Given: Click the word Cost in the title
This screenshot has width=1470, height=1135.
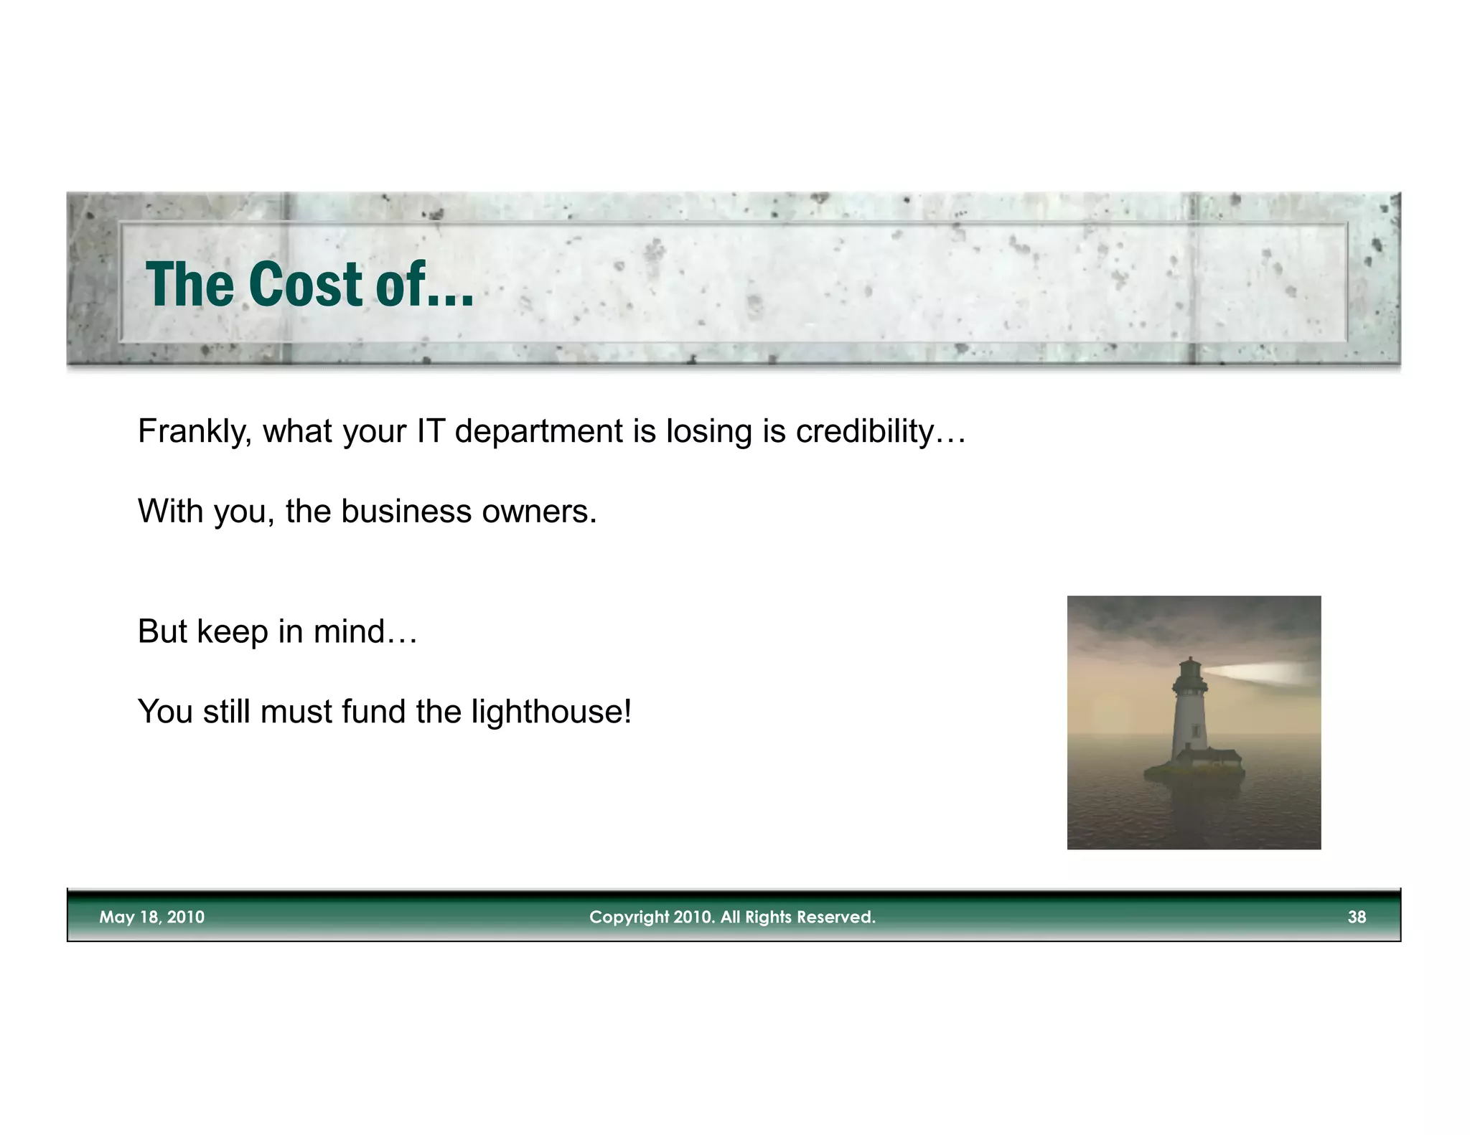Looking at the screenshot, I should [306, 285].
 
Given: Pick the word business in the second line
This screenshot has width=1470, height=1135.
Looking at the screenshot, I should [406, 512].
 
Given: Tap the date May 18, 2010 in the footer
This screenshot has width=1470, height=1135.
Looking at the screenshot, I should [151, 917].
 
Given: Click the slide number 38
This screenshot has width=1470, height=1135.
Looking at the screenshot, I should [1357, 917].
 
